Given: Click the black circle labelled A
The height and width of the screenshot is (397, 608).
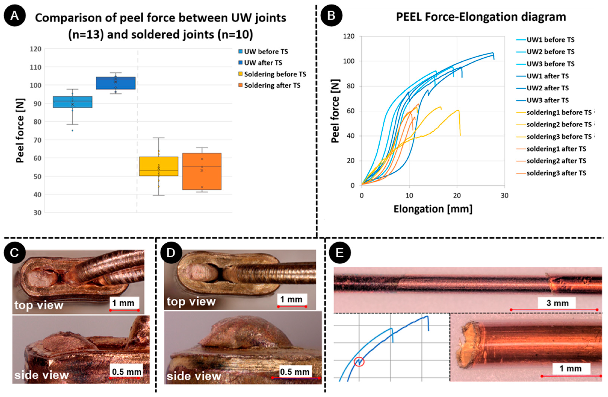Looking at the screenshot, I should (x=15, y=16).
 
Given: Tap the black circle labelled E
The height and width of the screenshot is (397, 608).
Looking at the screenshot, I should (x=340, y=253).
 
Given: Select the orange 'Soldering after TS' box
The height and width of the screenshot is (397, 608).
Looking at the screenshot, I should (x=202, y=171).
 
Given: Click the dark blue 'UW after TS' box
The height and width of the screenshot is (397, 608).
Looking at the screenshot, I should (x=116, y=83).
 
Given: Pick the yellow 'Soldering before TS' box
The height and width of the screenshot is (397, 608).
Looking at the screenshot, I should (x=158, y=166).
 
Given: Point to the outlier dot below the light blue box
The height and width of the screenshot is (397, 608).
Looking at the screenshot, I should (x=72, y=131).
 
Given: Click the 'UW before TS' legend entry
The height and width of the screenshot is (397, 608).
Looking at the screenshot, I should (x=263, y=52).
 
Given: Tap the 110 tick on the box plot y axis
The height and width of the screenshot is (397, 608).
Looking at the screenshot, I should (x=35, y=67).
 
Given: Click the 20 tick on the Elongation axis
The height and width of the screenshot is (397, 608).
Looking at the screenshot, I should (x=457, y=196).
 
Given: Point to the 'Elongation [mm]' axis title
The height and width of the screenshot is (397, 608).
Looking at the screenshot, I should (x=433, y=209).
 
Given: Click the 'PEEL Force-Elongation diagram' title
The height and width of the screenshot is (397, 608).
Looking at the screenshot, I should (x=481, y=17).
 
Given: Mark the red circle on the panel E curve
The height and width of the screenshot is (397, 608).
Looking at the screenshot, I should (x=359, y=361).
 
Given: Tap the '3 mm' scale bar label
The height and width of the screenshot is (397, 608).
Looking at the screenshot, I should (x=557, y=303).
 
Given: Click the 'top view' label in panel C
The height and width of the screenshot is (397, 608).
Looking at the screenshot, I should (x=39, y=305).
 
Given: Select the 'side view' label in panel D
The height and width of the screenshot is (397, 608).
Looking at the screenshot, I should (x=194, y=376).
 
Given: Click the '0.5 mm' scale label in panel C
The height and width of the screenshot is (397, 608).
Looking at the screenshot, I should (x=126, y=372).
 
